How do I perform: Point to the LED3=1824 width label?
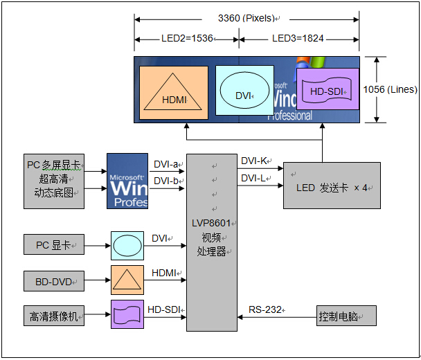[x=298, y=38]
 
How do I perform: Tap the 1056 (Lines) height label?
[x=391, y=89]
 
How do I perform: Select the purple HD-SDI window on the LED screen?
[x=328, y=91]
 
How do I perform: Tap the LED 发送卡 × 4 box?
[x=332, y=186]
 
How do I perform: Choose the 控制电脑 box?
[x=346, y=316]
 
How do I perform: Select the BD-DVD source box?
[x=54, y=281]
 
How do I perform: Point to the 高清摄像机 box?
[x=54, y=316]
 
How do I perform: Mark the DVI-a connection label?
[x=165, y=165]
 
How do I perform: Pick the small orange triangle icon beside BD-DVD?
[x=127, y=280]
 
